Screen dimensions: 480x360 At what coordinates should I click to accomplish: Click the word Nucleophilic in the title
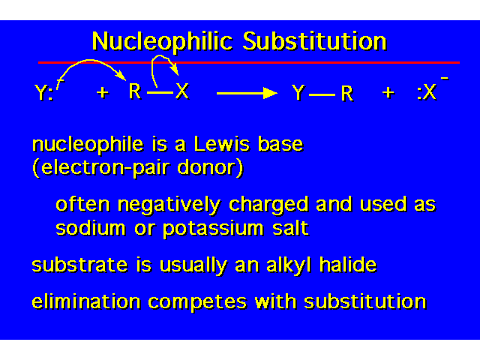click(162, 41)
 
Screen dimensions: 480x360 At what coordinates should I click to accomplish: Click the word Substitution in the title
click(315, 41)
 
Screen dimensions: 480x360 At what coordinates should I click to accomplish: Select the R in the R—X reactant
click(135, 91)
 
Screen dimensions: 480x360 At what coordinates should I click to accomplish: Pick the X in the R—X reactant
click(182, 91)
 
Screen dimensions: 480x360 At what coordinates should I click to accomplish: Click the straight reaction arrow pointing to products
click(247, 93)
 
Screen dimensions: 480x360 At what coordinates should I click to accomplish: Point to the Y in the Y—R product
click(298, 92)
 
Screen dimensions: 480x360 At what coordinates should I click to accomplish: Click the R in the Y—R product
click(347, 93)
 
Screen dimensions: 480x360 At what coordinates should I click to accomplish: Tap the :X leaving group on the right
click(427, 92)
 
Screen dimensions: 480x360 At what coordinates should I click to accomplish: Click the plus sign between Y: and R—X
click(103, 92)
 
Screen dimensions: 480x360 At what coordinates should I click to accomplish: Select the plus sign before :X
click(388, 92)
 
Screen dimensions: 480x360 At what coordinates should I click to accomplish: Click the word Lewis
click(222, 144)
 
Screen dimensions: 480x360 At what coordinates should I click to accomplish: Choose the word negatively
click(169, 205)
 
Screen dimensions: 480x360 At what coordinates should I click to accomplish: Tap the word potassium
click(213, 229)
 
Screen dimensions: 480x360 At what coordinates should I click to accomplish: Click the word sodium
click(91, 228)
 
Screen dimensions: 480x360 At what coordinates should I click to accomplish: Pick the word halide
click(348, 264)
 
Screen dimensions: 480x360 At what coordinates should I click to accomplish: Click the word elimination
click(86, 301)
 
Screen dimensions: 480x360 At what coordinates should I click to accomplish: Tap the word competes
click(197, 302)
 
